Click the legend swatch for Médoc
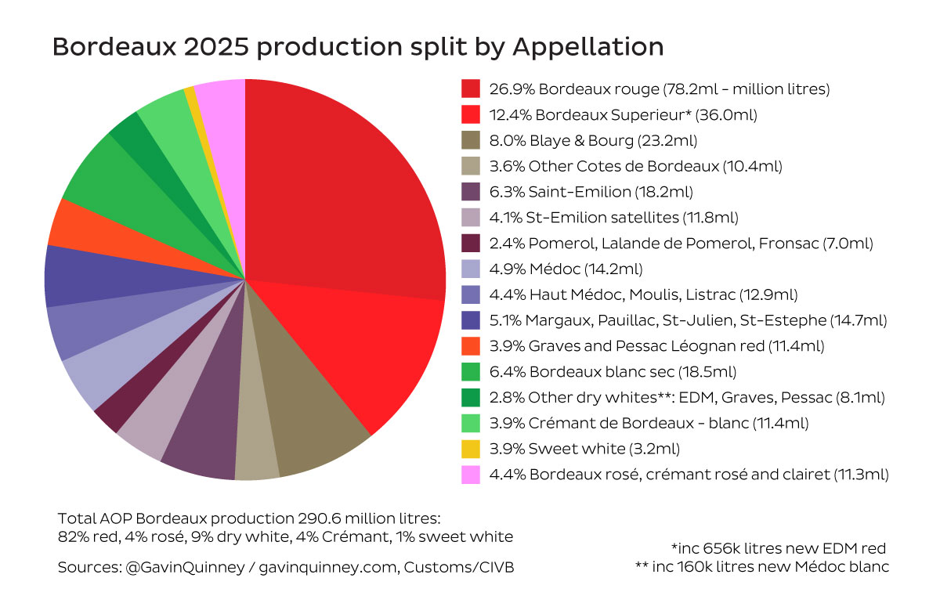point(471,269)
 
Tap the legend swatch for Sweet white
point(471,449)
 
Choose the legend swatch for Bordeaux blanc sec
point(471,371)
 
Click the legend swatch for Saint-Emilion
point(471,191)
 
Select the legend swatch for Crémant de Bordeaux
point(471,423)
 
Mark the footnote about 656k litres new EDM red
point(779,547)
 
